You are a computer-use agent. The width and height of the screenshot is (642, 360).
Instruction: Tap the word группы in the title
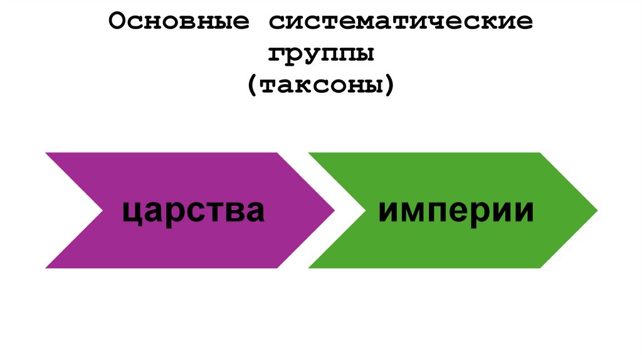click(x=322, y=55)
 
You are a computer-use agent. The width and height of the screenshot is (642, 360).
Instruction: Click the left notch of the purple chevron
click(x=102, y=211)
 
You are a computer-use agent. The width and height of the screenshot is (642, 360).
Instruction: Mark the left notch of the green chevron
click(x=365, y=211)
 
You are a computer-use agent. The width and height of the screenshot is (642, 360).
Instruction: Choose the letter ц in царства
click(x=131, y=213)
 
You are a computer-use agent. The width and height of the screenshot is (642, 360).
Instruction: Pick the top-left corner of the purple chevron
click(x=46, y=153)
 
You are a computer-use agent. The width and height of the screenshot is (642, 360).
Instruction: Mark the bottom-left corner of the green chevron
click(x=309, y=268)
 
